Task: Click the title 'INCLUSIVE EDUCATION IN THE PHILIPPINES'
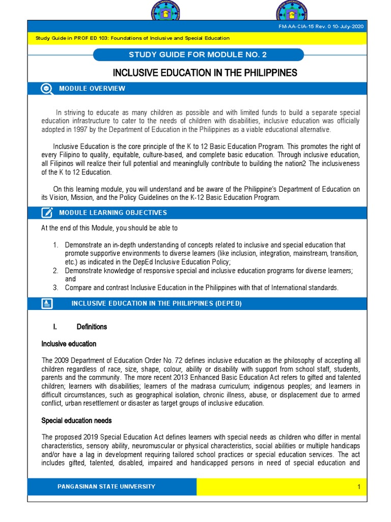[205, 73]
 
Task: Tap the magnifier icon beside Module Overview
[46, 89]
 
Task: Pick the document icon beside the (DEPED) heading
[46, 304]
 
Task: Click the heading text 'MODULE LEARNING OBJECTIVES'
[113, 213]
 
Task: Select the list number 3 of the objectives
[55, 288]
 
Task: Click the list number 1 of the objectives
[55, 245]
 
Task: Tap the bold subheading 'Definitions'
[92, 327]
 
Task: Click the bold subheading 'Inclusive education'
[69, 344]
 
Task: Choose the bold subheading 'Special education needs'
[76, 421]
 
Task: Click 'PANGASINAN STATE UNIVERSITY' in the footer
[106, 487]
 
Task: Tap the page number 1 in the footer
[358, 487]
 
